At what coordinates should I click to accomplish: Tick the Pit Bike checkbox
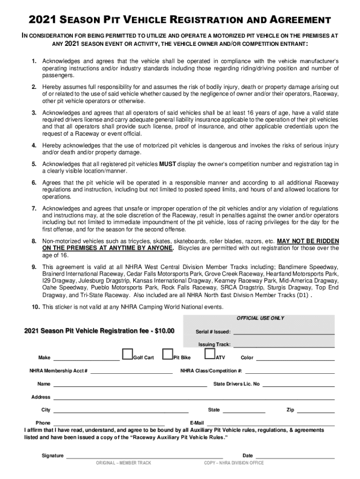coord(167,354)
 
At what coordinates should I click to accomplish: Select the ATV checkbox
coord(210,354)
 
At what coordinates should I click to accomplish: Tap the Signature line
coord(144,457)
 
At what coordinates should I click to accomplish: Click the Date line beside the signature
coord(295,457)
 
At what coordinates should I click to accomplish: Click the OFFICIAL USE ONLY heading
coord(260,318)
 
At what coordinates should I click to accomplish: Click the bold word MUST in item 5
coord(167,164)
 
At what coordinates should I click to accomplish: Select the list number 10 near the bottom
coord(36,307)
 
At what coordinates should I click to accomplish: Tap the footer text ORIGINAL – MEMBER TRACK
coord(123,463)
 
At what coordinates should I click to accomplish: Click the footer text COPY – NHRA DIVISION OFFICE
coord(234,463)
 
